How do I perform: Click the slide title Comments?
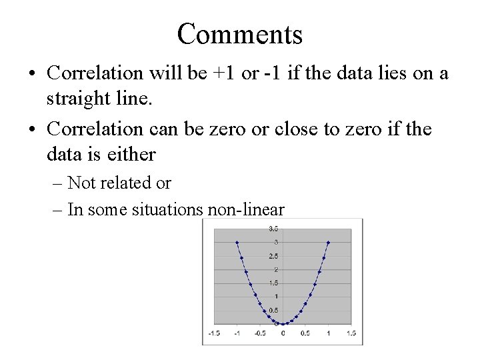(x=240, y=34)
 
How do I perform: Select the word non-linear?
(x=246, y=210)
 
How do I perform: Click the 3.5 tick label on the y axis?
(x=273, y=229)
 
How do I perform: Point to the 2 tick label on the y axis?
(x=275, y=269)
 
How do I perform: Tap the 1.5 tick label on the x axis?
(x=351, y=333)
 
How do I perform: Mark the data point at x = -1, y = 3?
(x=237, y=243)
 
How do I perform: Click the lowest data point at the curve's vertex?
(x=283, y=324)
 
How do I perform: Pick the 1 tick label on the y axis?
(x=275, y=297)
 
